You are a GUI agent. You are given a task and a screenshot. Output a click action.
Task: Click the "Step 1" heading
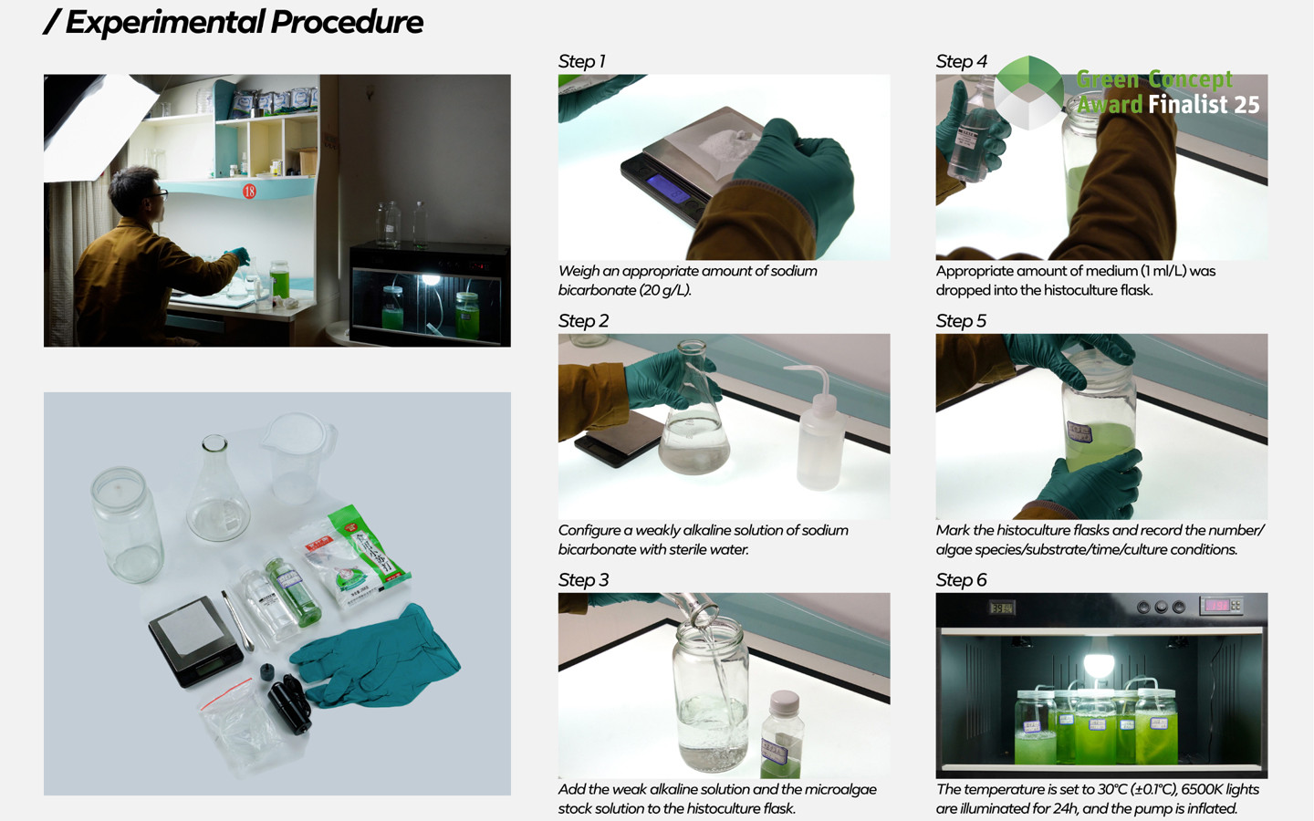(581, 62)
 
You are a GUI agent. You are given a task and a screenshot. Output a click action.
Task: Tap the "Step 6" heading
(961, 580)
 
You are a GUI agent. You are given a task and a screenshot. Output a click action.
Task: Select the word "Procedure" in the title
(347, 22)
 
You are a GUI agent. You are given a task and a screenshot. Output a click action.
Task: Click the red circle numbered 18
(249, 192)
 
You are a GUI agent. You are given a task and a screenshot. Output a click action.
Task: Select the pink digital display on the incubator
(1216, 605)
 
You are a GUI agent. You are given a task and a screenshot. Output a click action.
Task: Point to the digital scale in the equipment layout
(195, 641)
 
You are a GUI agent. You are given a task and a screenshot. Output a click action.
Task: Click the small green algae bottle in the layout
(292, 591)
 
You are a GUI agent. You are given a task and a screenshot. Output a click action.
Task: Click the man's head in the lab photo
(136, 192)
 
